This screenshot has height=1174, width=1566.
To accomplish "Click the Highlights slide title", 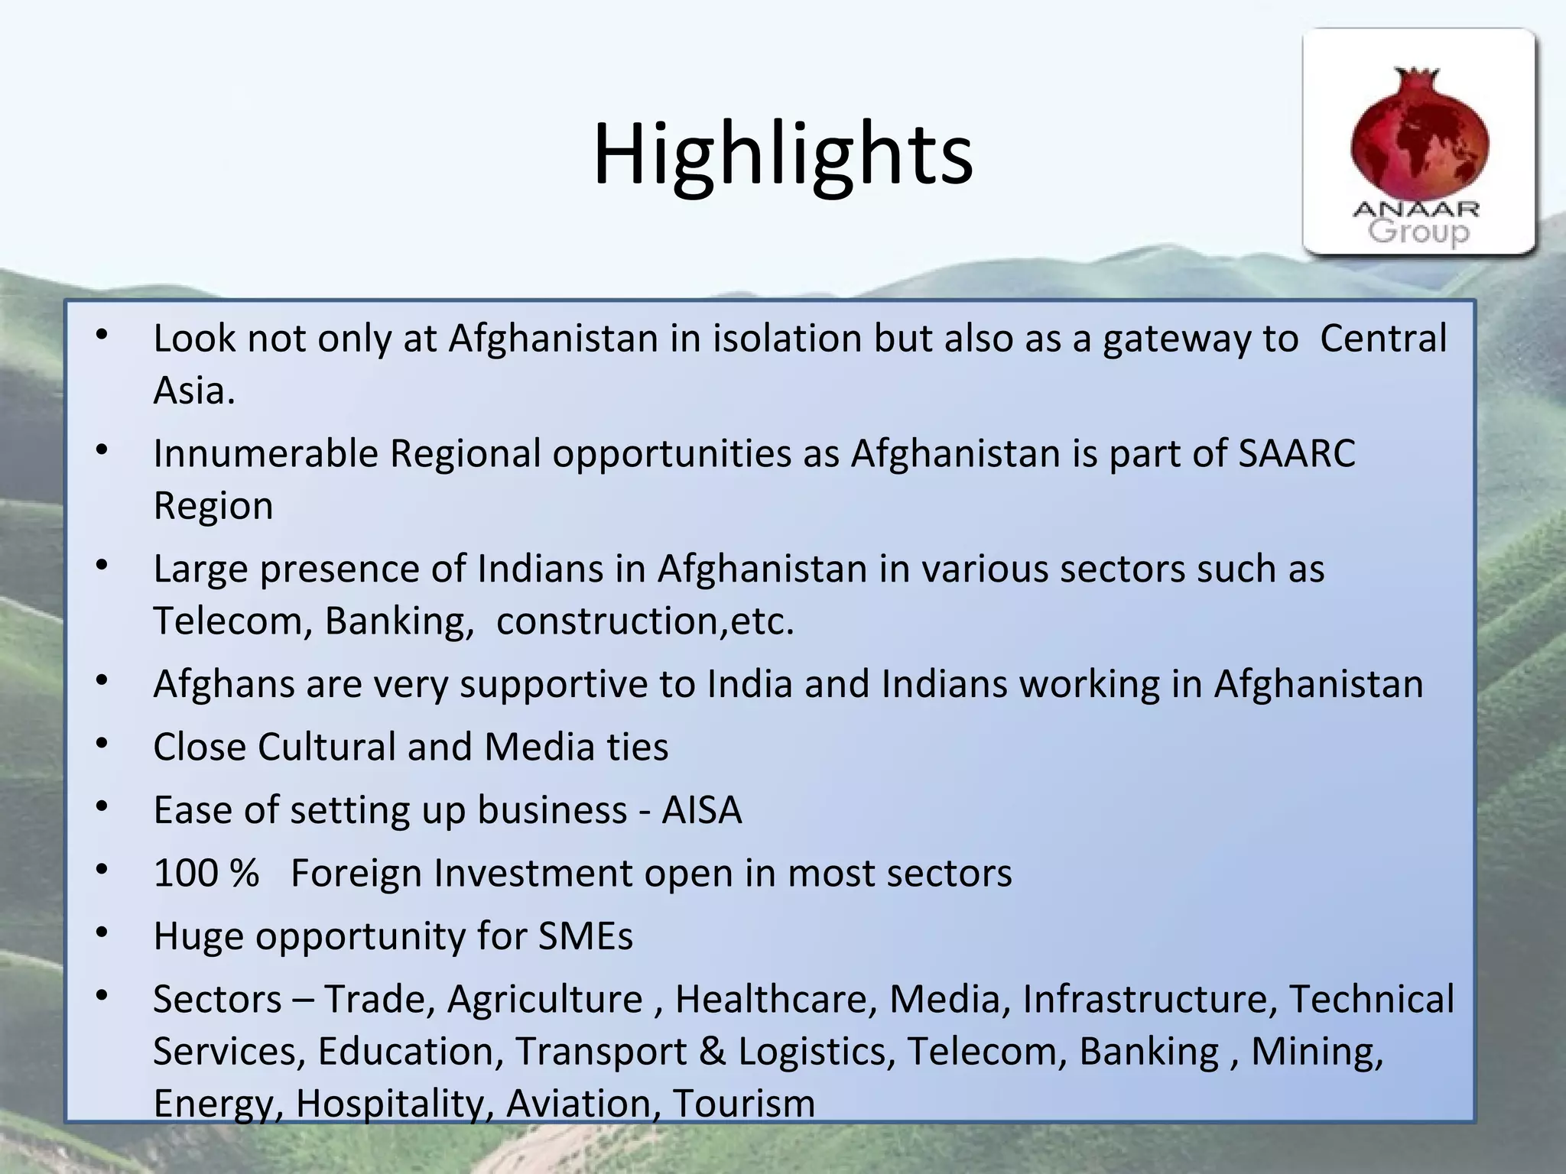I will point(782,155).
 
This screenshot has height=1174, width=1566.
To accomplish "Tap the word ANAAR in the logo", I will point(1416,209).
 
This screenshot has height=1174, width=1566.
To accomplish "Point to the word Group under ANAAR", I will point(1418,232).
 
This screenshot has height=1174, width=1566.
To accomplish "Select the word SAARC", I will point(1297,454).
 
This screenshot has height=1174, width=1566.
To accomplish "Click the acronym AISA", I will point(701,810).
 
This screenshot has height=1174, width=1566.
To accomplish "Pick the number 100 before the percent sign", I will point(186,873).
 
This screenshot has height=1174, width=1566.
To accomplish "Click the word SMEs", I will point(585,936).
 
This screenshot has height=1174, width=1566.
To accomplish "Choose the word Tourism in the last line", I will point(743,1104).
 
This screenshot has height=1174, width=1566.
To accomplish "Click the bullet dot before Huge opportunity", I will point(102,932).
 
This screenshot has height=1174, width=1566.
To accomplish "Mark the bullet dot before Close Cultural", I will point(102,743).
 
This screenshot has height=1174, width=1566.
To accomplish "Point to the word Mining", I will point(1317,1052).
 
